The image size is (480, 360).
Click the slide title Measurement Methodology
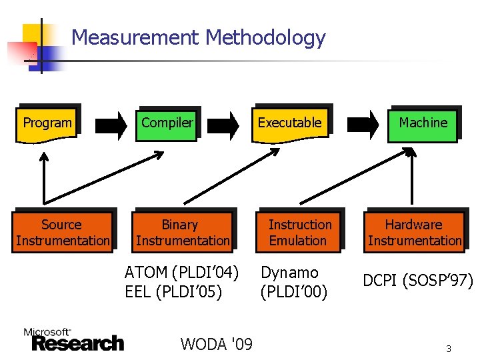[x=198, y=37]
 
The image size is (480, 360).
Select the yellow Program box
[x=47, y=124]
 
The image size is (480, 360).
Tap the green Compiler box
[x=167, y=123]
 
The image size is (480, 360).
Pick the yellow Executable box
[x=290, y=123]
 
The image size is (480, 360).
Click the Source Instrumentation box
[x=62, y=233]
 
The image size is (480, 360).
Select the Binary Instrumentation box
[x=182, y=233]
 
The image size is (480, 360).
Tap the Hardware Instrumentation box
[x=414, y=233]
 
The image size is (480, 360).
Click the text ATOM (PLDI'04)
[x=181, y=273]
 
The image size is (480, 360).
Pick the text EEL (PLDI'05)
[x=173, y=291]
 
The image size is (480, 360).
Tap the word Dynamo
[x=289, y=273]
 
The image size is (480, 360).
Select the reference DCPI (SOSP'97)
[x=417, y=281]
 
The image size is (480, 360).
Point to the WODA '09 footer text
[x=216, y=344]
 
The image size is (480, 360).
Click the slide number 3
[x=449, y=349]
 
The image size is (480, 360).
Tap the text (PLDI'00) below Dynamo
[x=294, y=291]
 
